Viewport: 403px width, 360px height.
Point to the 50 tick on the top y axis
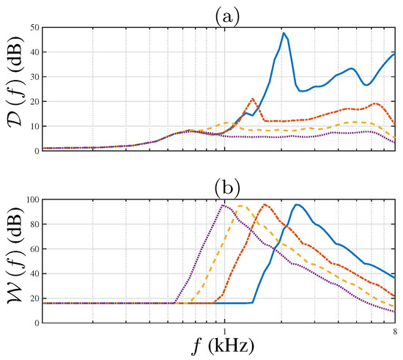[33, 27]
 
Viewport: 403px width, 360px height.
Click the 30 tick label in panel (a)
[33, 76]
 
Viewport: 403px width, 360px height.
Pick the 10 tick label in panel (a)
[33, 126]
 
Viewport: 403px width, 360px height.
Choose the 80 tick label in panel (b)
[33, 224]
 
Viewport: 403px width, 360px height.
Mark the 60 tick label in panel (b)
[33, 249]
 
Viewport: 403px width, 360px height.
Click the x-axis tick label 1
[224, 331]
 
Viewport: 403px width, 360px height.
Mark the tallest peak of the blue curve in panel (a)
[284, 33]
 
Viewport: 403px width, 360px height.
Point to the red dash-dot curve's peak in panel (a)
[252, 98]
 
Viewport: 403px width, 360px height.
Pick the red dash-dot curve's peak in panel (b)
[265, 205]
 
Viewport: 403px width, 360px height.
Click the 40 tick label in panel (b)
[33, 273]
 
